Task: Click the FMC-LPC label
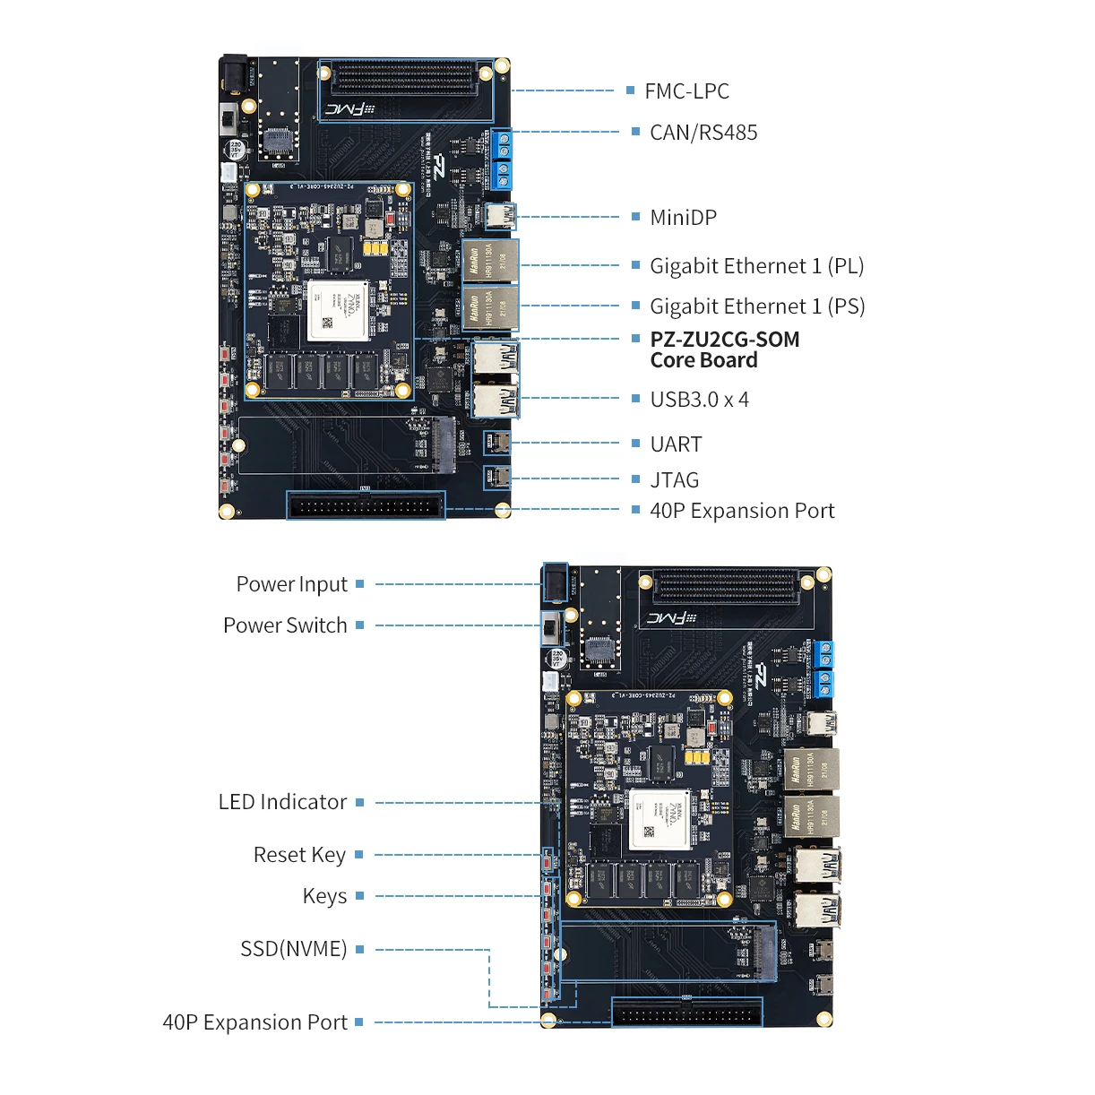(686, 91)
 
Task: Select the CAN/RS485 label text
(703, 133)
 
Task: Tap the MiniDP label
(683, 218)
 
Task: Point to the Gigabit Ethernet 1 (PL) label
(756, 266)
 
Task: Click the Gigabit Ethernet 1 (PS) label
(757, 306)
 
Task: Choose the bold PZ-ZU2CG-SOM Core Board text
(724, 350)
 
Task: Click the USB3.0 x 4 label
(699, 400)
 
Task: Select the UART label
(676, 444)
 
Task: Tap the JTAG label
(674, 480)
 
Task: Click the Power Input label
(291, 584)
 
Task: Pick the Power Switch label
(285, 625)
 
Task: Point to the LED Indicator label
(282, 802)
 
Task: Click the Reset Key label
(299, 855)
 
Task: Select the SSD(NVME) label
(293, 949)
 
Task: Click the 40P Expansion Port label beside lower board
(254, 1022)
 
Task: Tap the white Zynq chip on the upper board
(338, 310)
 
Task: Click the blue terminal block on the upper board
(501, 160)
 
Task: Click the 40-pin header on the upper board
(366, 506)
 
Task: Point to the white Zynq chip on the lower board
(660, 819)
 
